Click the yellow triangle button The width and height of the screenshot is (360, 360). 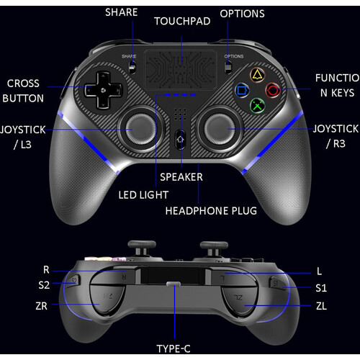point(257,75)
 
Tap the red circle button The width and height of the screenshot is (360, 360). point(273,91)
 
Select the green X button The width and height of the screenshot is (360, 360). point(257,106)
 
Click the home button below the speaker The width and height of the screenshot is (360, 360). point(180,140)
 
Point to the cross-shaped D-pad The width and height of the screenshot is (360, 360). point(103,90)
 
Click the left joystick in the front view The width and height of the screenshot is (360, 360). point(140,129)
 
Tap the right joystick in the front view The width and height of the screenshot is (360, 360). point(220,129)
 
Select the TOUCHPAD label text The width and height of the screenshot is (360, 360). point(182,21)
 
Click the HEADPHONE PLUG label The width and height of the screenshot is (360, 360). point(211,211)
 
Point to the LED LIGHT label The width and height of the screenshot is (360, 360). point(143,195)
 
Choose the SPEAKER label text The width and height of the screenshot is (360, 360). point(181,177)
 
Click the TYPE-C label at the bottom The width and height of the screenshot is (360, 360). point(174,348)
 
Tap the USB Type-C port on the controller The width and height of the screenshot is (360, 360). point(174,284)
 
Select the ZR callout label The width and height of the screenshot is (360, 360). point(41,306)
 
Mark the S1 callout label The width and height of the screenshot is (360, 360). point(321,288)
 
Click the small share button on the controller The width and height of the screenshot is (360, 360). point(132,67)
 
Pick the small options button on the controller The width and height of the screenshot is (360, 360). point(228,67)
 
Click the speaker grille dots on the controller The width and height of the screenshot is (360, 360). point(180,114)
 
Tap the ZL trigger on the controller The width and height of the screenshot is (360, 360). point(240,300)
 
